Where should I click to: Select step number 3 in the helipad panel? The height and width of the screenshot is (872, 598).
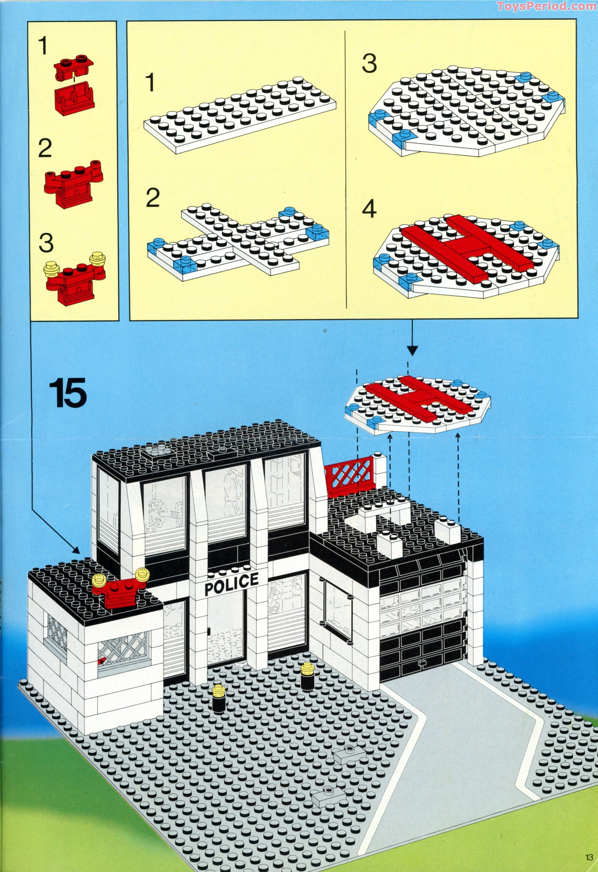pos(369,64)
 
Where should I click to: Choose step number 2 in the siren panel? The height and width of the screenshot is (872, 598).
pos(45,149)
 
